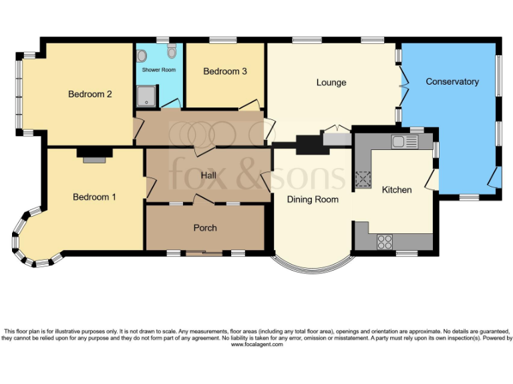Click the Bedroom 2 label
[x=90, y=94]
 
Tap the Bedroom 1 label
[x=94, y=197]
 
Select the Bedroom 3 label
[x=225, y=71]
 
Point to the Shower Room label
[x=158, y=70]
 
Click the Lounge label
[x=331, y=83]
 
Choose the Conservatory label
[x=452, y=81]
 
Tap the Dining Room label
[x=313, y=199]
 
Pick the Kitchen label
[x=396, y=189]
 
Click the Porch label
[x=205, y=228]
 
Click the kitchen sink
[x=405, y=141]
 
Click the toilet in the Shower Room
[x=172, y=51]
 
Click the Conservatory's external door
[x=494, y=178]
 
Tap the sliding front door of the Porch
[x=204, y=253]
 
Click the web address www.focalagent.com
[x=256, y=345]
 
